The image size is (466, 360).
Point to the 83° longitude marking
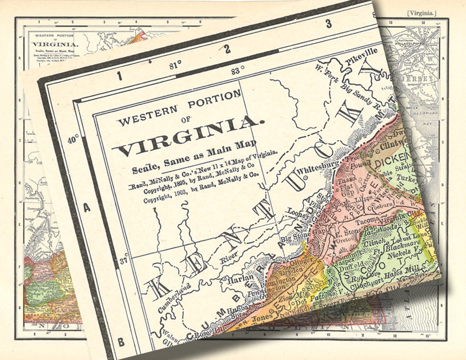coord(238,71)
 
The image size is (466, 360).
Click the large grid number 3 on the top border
coord(328,24)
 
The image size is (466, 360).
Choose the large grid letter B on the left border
coord(121,342)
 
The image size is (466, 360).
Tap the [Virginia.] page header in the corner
coord(421,13)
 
